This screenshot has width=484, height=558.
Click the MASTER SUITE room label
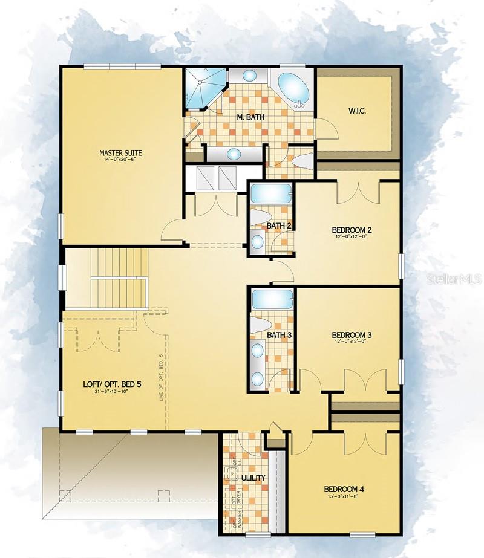click(120, 153)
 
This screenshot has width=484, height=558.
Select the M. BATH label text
click(250, 117)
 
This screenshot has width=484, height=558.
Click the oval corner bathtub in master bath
click(292, 87)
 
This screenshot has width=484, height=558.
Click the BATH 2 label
click(279, 226)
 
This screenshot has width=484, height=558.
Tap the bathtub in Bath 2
click(272, 194)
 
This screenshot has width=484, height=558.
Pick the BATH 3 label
click(279, 335)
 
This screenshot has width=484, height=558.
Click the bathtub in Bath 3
click(272, 299)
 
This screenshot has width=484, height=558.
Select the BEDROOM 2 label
click(352, 230)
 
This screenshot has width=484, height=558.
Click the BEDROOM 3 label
click(352, 335)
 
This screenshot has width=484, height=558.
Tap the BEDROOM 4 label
click(344, 490)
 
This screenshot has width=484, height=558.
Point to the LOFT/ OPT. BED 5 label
click(112, 384)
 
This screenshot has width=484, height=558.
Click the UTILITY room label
click(253, 478)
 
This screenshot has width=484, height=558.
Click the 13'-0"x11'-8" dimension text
click(344, 498)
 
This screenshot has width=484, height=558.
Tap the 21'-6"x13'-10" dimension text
click(112, 392)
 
